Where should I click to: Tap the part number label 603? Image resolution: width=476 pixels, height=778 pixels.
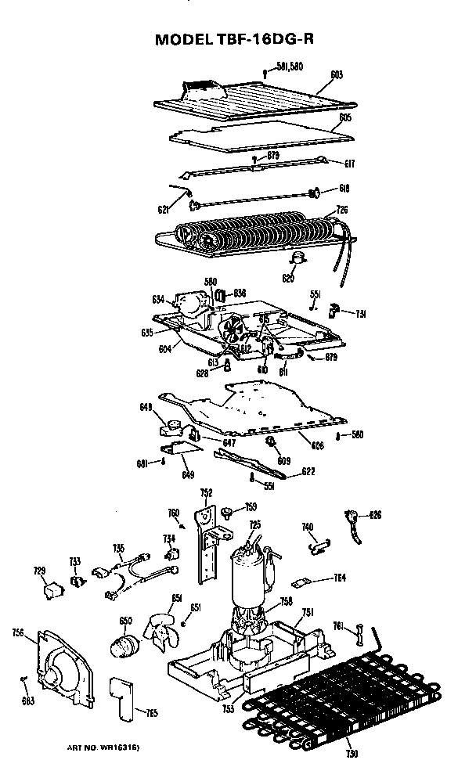[337, 75]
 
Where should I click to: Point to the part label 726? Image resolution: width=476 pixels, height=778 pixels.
[342, 209]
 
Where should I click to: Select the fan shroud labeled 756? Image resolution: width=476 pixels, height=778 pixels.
[63, 665]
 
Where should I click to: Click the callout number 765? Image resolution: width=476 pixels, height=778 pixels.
[152, 712]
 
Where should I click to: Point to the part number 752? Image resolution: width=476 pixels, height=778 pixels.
[206, 492]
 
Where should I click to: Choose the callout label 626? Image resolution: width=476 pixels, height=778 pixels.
[376, 514]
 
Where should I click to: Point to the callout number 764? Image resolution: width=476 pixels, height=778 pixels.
[340, 578]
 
